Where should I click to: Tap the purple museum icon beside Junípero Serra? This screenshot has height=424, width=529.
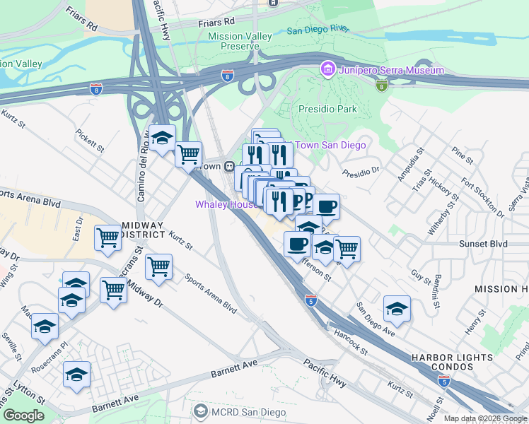click(x=327, y=70)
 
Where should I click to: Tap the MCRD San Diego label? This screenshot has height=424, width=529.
click(x=250, y=412)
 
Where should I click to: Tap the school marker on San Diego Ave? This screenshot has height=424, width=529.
click(x=397, y=308)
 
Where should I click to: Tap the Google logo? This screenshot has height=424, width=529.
click(x=23, y=416)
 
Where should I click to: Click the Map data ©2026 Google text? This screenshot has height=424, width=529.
click(x=484, y=418)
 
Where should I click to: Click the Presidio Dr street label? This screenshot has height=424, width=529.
click(x=361, y=171)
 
